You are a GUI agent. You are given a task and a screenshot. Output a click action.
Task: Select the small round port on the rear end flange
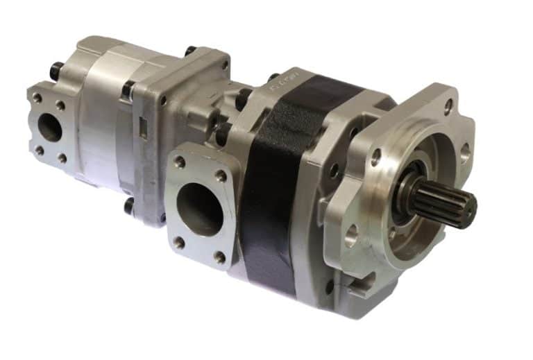click(49, 128)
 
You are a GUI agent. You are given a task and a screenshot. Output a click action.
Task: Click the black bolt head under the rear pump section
click(129, 206)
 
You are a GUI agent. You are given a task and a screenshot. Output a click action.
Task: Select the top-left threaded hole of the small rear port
click(37, 98)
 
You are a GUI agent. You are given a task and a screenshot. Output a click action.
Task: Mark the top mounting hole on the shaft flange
click(447, 108)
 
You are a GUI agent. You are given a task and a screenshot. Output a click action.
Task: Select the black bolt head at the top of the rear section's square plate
click(189, 51)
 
